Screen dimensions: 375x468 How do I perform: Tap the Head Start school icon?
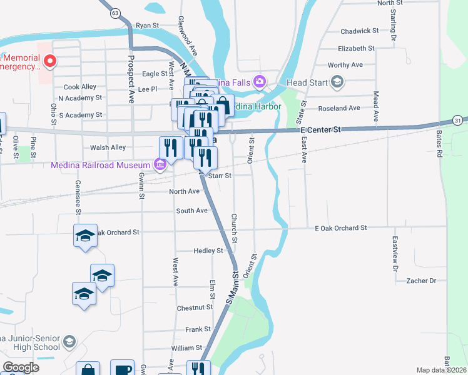[338, 82]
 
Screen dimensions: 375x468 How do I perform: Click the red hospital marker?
[51, 61]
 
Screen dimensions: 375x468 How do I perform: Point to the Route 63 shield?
[114, 12]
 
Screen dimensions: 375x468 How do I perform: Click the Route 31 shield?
[458, 120]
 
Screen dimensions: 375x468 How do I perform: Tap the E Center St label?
[320, 129]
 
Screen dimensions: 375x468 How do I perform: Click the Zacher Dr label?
[420, 281]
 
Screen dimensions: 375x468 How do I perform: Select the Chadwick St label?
[359, 31]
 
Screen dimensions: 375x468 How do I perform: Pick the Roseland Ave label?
[339, 108]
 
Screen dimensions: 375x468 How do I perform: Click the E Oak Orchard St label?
[340, 228]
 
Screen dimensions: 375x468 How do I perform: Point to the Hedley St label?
[208, 251]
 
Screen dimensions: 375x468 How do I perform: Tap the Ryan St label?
[148, 26]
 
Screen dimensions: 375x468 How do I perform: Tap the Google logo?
[21, 367]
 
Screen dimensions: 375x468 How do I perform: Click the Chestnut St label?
[195, 307]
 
